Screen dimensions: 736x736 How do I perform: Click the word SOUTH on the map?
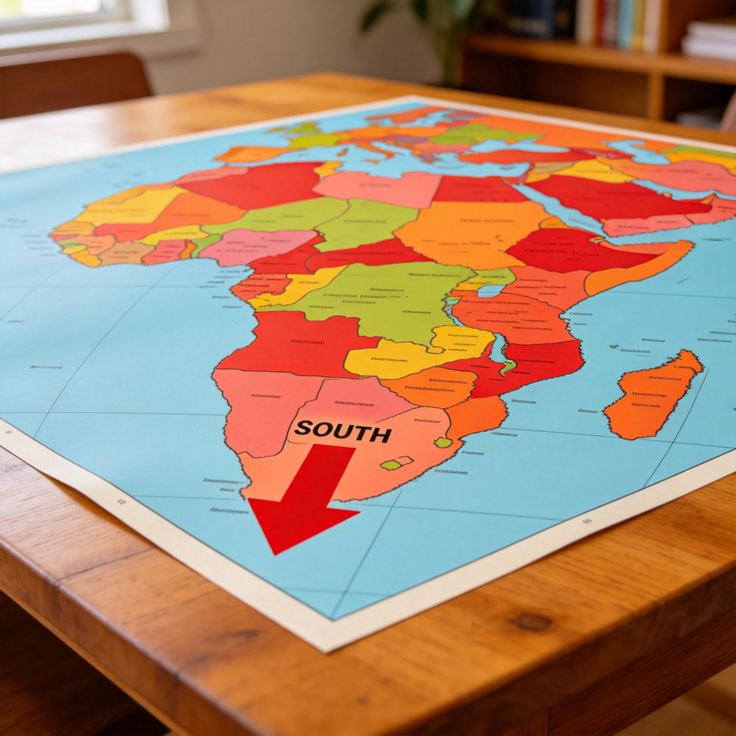coord(343,432)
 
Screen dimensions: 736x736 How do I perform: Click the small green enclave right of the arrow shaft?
coord(392,464)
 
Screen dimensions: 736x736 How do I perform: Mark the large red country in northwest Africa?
coord(252,183)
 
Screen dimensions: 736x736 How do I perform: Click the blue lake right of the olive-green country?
coord(491,290)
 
